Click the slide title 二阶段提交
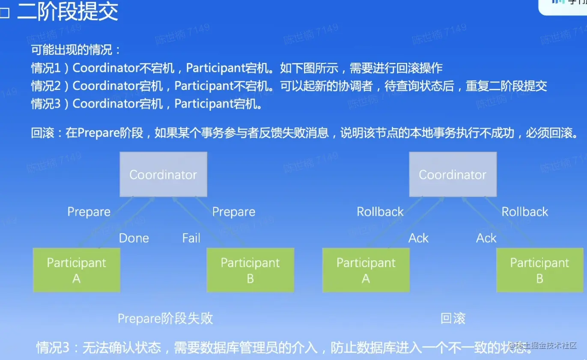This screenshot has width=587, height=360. coord(68,12)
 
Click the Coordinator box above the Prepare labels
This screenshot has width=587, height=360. coord(163,175)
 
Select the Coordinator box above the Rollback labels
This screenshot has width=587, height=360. coord(453,175)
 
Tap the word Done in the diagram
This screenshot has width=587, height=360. coord(134,238)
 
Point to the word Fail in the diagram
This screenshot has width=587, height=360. coord(191,238)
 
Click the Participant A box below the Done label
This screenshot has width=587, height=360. coord(77,270)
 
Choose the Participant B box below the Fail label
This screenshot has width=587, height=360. coord(250,270)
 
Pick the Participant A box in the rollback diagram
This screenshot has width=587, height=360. coord(366,270)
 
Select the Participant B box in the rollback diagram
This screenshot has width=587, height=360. coord(539,270)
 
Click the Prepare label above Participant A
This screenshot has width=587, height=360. coord(89,212)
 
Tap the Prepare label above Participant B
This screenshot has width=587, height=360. coord(234,212)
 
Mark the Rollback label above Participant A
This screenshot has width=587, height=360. coord(380,212)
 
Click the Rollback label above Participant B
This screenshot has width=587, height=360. coord(525,212)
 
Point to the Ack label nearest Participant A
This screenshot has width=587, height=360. coord(418,238)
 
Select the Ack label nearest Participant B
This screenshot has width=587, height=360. coord(486,238)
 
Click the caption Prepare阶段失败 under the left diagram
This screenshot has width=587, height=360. coord(165,318)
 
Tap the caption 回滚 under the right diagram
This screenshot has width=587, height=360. coord(453,318)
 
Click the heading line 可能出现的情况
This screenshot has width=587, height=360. coord(76,50)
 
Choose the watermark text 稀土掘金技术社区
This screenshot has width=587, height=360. coord(546,345)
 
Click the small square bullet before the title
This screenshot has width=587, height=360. coord(5,14)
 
